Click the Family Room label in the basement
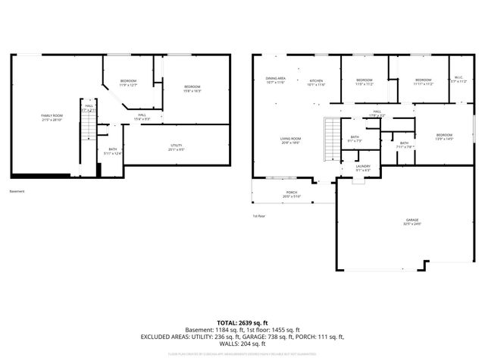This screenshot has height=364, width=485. click(52, 117)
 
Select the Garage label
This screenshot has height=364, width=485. click(411, 221)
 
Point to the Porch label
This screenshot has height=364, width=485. click(291, 194)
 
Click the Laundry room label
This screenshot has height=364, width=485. click(363, 168)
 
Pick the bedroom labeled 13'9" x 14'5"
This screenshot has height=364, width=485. click(444, 136)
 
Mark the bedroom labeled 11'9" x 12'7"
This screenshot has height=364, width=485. click(128, 83)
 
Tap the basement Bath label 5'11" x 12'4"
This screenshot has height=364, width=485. click(113, 151)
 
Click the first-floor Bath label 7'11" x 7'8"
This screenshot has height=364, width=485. click(404, 144)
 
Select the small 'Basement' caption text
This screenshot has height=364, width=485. click(17, 191)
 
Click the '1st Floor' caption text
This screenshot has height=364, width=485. click(259, 215)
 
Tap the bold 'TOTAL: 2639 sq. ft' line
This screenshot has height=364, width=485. click(242, 322)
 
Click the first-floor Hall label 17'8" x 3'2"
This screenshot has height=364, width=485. click(377, 113)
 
